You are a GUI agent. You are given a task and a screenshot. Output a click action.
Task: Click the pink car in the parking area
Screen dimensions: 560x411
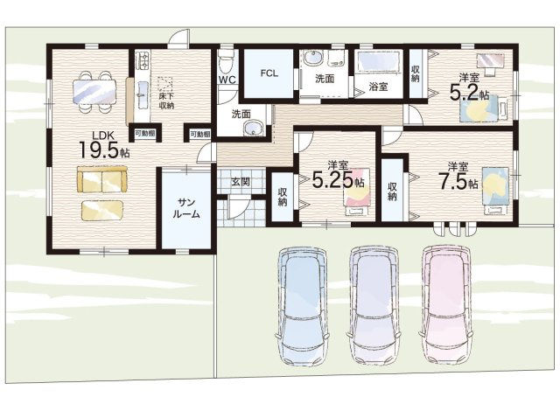[x=446, y=306]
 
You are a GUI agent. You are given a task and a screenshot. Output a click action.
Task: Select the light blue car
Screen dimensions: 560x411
[x=303, y=306]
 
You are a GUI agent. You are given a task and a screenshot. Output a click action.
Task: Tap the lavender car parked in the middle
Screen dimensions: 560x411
[x=374, y=306]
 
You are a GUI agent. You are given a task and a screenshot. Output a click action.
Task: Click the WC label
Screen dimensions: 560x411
[x=227, y=80]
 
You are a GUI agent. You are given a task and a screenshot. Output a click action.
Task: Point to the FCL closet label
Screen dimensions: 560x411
[x=269, y=73]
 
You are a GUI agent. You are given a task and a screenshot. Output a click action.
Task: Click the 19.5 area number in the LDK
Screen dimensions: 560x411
[x=99, y=150]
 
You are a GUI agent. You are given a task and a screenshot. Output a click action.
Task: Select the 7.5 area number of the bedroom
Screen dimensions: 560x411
[x=453, y=181]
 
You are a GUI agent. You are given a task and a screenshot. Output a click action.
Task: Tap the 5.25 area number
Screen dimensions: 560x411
[x=333, y=179]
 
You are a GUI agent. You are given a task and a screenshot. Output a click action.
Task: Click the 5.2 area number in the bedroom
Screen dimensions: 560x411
[x=464, y=93]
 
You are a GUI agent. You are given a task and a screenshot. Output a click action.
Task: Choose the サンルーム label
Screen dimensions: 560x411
[x=186, y=209]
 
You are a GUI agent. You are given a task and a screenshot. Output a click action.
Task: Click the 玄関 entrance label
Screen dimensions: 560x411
[x=241, y=182]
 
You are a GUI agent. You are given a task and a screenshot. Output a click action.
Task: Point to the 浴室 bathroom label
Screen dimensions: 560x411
[x=379, y=87]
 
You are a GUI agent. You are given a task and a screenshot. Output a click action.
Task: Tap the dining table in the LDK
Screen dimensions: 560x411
[x=94, y=91]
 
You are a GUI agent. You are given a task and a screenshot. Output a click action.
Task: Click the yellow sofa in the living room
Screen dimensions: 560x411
[x=102, y=179]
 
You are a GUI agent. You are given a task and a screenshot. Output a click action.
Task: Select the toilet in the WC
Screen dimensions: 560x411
[x=226, y=62]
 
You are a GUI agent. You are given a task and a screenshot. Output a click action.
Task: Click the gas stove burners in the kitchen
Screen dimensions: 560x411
[x=143, y=60]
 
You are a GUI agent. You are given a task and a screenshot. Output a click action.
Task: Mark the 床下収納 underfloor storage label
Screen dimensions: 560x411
[x=166, y=101]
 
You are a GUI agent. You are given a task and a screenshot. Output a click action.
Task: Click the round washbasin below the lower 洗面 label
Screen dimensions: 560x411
[x=254, y=129]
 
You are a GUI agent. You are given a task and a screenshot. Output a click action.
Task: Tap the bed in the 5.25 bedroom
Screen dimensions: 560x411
[x=357, y=192]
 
